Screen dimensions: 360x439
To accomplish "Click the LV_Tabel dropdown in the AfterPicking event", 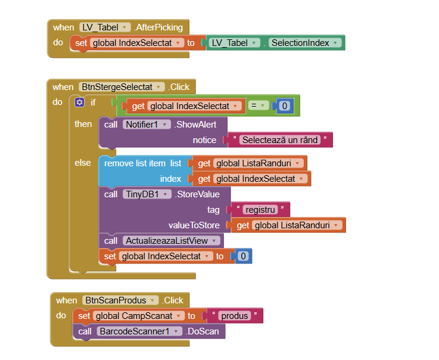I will (105, 27).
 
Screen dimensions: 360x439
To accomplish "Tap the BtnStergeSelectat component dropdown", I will (122, 87).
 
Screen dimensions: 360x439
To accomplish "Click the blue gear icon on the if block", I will (79, 103).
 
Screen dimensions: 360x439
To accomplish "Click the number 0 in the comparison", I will (284, 106).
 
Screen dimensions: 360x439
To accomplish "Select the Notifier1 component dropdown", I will (145, 125).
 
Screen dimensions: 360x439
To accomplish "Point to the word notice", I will (204, 140).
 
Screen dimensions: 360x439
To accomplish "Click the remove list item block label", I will (142, 163).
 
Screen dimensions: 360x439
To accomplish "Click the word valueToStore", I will (194, 225).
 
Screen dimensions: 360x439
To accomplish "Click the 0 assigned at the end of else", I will (242, 256).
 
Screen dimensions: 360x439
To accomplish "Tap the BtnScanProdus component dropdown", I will (121, 300).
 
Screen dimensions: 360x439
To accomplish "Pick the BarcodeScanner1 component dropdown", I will (139, 331).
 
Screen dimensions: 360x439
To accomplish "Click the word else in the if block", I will (83, 163).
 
